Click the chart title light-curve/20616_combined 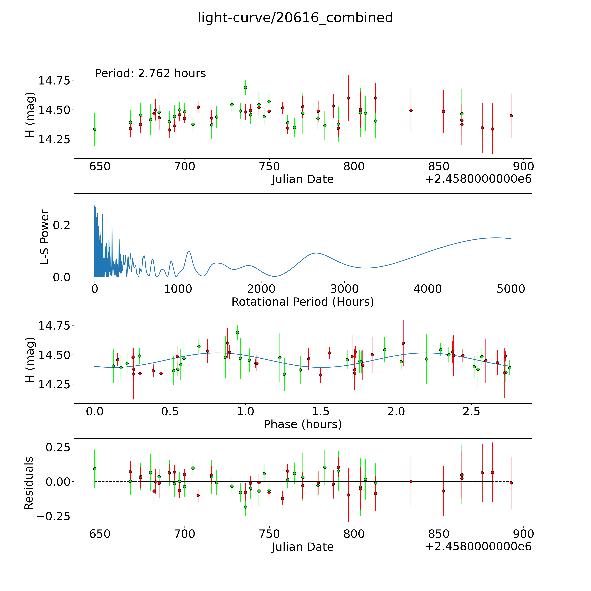[295, 18]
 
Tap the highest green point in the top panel [245, 87]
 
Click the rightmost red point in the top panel [511, 116]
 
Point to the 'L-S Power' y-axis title [45, 237]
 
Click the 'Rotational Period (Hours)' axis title [303, 302]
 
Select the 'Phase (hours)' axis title [303, 424]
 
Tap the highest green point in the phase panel [237, 332]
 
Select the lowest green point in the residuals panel [245, 507]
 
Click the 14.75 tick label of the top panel [54, 81]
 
